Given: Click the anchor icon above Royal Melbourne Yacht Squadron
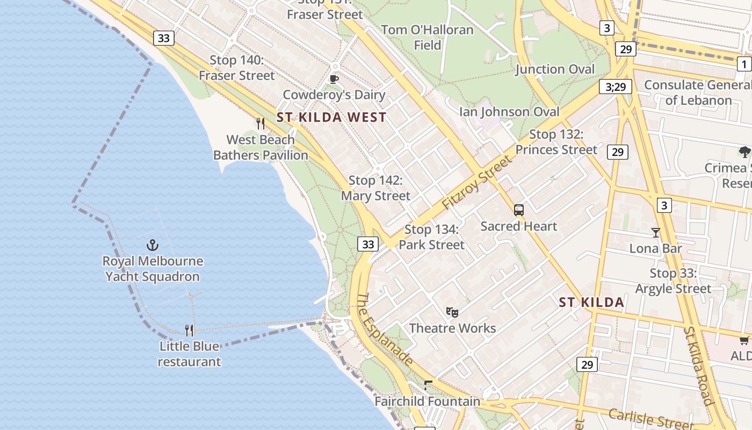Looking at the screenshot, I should point(153,246).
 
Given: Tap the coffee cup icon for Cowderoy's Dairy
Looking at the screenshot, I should point(334,80).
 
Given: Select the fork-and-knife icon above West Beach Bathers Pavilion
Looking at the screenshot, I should point(261,124).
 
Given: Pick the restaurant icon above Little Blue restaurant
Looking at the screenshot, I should point(189,330).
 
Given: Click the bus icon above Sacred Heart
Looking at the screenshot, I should point(518,210).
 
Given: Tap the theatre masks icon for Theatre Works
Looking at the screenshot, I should point(452,312).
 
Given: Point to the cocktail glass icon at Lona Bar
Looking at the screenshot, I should point(655,233).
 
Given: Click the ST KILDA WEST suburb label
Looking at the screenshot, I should point(331,117).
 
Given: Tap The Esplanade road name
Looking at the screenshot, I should point(385,329).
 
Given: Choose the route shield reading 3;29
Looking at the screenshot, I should point(615,87).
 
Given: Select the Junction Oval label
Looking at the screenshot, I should point(555,69).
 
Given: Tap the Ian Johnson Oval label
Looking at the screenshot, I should point(509,112).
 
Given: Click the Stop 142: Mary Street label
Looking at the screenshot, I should point(375,188).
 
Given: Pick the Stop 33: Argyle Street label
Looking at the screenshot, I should point(673,281).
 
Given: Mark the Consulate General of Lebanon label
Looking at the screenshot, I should point(698,92).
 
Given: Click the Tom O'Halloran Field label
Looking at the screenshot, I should point(427,37).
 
